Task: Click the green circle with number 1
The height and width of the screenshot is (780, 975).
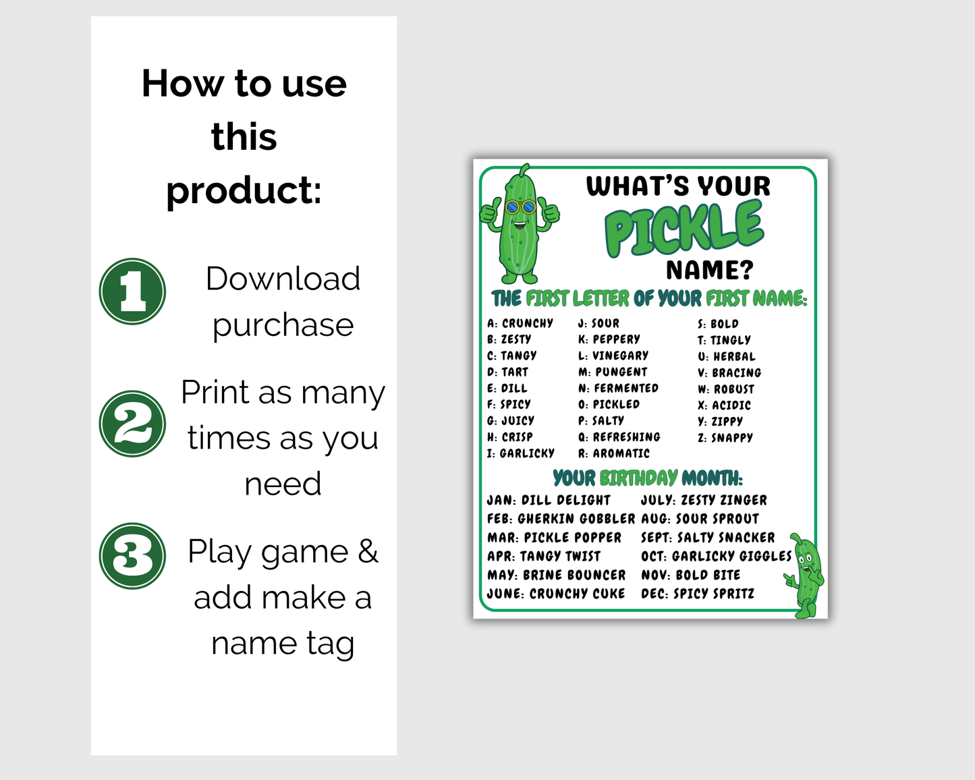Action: [132, 291]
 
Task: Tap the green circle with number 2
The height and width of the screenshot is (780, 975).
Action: [132, 424]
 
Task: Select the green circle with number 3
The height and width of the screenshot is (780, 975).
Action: [132, 556]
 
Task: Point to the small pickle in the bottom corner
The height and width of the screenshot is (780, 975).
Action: [804, 576]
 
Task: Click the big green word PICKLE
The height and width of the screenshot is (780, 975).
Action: [684, 229]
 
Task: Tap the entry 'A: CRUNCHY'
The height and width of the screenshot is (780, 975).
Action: [520, 323]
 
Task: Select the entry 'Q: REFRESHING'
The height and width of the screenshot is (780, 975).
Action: [619, 437]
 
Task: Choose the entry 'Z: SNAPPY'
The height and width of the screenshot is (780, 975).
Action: [725, 437]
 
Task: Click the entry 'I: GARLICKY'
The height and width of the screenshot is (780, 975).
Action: [521, 453]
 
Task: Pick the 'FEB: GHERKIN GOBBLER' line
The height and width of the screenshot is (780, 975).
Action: [561, 518]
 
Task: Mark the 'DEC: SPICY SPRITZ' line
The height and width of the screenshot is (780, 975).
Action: [698, 593]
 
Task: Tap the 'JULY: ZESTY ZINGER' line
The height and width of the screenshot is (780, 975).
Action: [704, 500]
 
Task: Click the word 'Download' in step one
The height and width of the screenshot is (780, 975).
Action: [283, 278]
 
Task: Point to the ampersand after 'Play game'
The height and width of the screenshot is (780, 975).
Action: [368, 551]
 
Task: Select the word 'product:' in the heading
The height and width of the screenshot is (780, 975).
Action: [244, 190]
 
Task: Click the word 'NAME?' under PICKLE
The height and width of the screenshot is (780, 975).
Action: [710, 270]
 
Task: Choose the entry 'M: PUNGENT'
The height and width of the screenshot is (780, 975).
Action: [613, 372]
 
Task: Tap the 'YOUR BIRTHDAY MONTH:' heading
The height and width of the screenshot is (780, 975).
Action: [648, 478]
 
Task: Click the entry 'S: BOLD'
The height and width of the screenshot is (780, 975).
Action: [718, 324]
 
